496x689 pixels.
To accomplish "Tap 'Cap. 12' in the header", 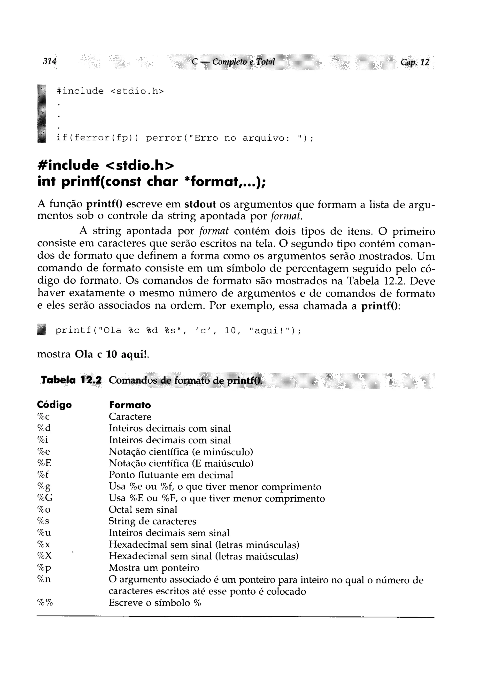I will pyautogui.click(x=414, y=62).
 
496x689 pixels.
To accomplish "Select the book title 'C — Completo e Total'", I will pyautogui.click(x=233, y=62).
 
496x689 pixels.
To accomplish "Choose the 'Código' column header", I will pyautogui.click(x=54, y=405).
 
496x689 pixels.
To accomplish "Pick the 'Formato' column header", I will pyautogui.click(x=130, y=405).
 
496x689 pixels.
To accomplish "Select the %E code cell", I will pyautogui.click(x=44, y=463).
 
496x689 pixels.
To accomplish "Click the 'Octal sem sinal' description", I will pyautogui.click(x=143, y=509).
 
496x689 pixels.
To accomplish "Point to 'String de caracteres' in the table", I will pyautogui.click(x=152, y=521).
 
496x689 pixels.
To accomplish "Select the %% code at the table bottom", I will pyautogui.click(x=45, y=603).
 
